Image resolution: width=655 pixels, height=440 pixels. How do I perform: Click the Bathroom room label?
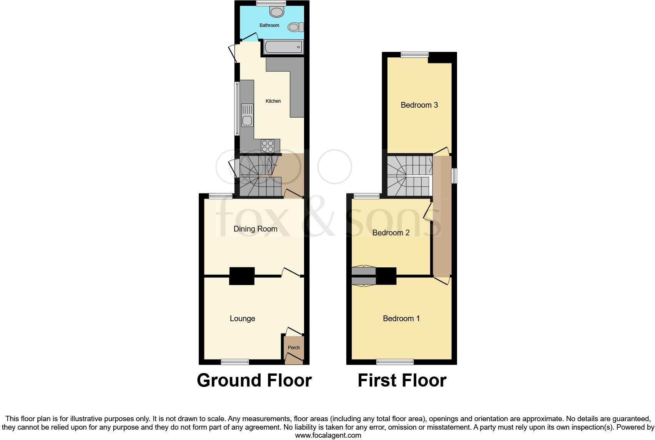click(269, 25)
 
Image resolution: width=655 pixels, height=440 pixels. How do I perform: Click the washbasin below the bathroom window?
click(276, 12)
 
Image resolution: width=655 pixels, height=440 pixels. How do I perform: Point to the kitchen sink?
click(247, 115)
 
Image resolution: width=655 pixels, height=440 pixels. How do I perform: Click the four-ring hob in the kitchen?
click(268, 146)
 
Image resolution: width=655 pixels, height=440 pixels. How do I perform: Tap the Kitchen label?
click(273, 101)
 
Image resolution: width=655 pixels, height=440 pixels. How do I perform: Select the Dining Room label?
click(255, 229)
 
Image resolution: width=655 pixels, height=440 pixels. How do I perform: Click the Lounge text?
click(242, 318)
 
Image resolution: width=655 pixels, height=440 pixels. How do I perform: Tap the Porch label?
click(294, 348)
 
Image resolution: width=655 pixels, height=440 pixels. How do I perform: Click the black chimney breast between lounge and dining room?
click(242, 276)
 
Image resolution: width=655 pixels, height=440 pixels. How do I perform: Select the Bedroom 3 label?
click(419, 105)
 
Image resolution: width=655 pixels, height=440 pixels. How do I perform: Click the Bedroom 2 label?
click(391, 233)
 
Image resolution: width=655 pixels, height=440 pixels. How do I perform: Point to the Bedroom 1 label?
click(401, 318)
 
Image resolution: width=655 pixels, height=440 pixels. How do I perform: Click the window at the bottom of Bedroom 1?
click(395, 362)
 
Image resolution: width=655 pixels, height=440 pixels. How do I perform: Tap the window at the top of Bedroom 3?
click(414, 55)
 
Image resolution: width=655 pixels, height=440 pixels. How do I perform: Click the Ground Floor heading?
click(254, 380)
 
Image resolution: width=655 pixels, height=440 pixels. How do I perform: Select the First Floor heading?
click(402, 380)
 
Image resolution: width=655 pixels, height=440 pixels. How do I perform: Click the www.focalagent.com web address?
click(328, 435)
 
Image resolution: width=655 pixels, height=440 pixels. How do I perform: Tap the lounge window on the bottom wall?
click(235, 362)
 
